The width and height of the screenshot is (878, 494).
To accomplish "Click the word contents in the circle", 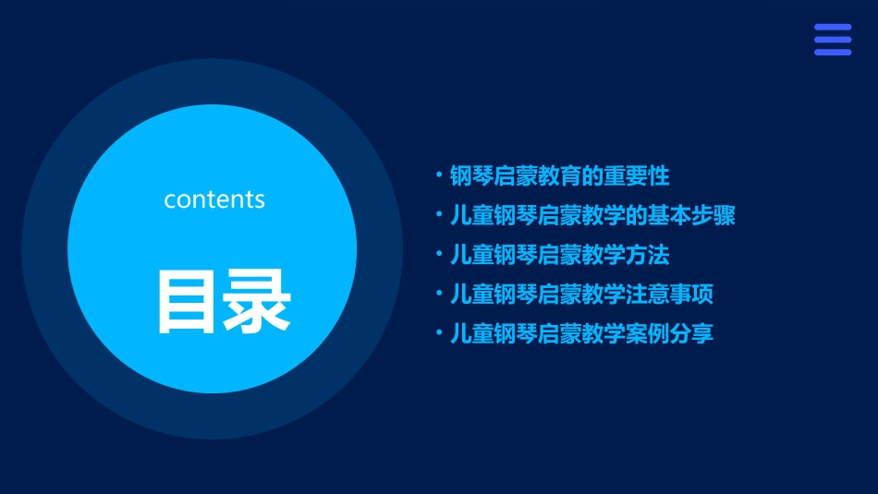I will pos(214,199).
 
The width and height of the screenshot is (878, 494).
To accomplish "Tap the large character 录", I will pos(257,301).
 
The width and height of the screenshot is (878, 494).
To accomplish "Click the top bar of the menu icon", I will pos(832,28).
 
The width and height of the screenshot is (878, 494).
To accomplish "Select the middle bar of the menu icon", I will pos(832,40).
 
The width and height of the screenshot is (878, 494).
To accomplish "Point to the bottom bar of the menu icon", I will pos(832,52).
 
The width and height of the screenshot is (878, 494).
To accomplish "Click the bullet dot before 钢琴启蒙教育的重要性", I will pos(439,174).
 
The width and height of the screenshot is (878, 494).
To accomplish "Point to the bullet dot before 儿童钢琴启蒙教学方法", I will pos(439,254).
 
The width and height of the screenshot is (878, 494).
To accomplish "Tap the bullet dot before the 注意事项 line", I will pos(439,294).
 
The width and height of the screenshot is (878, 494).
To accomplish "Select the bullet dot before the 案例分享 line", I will pos(439,332).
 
